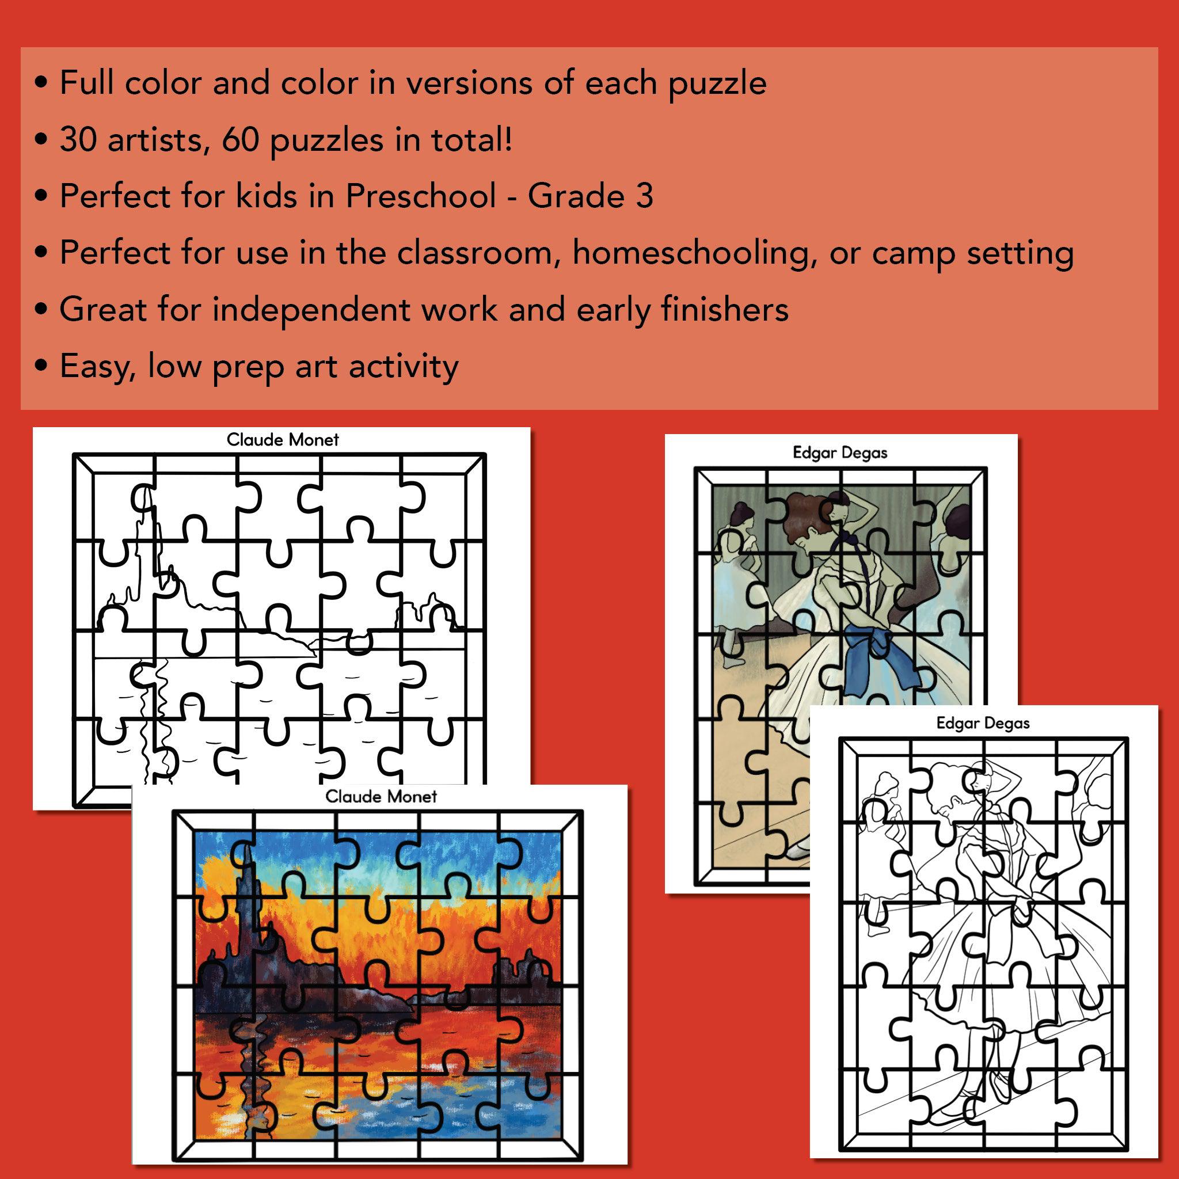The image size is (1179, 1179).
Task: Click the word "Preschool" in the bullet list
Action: pos(420,196)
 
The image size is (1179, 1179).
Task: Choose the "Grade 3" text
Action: pos(590,196)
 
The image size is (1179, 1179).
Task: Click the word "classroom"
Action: pos(480,253)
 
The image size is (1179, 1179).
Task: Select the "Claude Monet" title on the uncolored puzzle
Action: pos(283,440)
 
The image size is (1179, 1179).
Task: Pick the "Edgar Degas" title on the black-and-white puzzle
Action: pos(983,723)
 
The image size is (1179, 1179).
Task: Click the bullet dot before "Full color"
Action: pos(41,83)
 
